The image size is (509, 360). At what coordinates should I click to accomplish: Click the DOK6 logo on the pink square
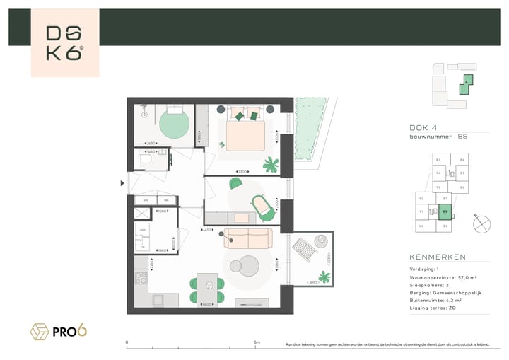coord(64,44)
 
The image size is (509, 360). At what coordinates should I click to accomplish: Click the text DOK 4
coord(422,127)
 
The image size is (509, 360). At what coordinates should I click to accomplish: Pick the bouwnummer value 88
coord(462,135)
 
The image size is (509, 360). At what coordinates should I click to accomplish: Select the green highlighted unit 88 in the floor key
coord(445,211)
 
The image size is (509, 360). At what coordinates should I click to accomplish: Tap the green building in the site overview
coord(467,84)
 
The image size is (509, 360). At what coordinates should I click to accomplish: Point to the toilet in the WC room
coord(146,160)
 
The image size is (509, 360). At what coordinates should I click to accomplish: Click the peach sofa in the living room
coord(247,238)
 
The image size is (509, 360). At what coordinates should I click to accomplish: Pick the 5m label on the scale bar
coord(257,343)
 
